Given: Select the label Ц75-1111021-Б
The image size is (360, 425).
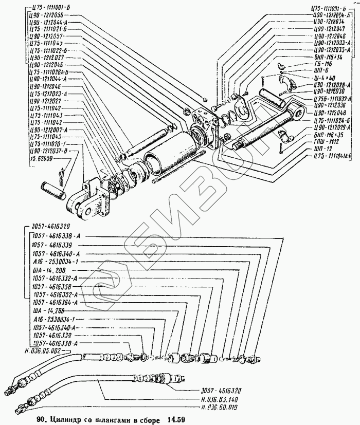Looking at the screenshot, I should pos(48,30).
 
